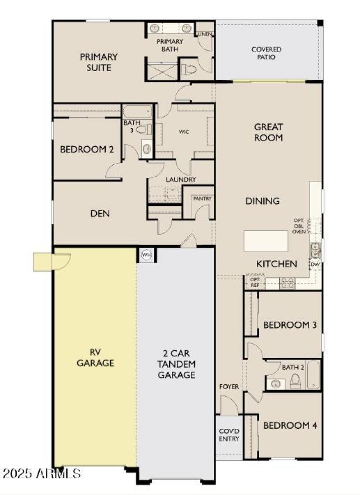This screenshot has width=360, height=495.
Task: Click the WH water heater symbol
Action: coord(146,255)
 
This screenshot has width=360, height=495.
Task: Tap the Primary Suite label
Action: coord(99,63)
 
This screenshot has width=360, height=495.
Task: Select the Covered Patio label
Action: coord(266,54)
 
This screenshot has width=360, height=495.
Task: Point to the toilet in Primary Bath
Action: coord(189,69)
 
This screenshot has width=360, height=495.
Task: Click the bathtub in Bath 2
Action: coord(314,375)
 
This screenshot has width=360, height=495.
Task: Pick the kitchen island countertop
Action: coord(265,241)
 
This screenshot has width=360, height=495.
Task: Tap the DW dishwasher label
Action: coord(315,264)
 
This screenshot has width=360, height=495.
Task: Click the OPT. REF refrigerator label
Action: coord(255,282)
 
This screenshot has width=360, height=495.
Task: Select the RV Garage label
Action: coord(95,357)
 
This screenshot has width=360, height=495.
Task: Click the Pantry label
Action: coord(202,198)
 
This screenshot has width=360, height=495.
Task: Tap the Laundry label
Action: coord(181,179)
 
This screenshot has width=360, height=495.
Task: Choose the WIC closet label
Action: coord(184,131)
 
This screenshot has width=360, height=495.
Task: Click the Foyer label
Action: coord(229,387)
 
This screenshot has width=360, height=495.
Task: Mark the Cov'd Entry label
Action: coord(229,434)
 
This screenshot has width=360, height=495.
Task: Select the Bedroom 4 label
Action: coord(290,425)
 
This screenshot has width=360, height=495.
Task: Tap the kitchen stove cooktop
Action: coord(287,283)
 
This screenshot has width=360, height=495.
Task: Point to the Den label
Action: coord(100,213)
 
